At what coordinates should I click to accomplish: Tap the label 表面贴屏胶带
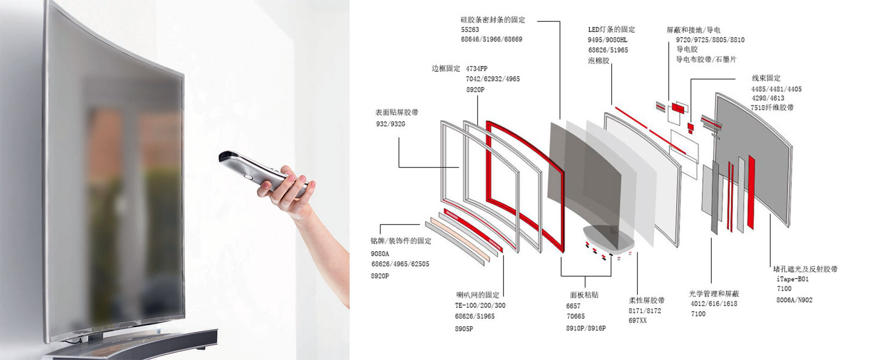point(396,113)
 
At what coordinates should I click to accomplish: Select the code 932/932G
point(390,124)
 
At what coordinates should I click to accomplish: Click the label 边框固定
point(446,69)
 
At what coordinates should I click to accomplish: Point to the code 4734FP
point(476,69)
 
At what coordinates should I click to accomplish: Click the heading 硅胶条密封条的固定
point(493,20)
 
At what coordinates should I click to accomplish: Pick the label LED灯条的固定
point(612,29)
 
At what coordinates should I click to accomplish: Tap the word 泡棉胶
point(599,60)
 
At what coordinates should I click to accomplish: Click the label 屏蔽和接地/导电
point(693,30)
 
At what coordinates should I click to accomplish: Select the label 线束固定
point(766,78)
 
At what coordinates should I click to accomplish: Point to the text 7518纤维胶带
point(772,108)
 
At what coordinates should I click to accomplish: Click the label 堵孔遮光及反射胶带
point(805,269)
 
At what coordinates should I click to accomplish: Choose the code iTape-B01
point(793,279)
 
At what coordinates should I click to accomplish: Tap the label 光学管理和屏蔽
point(714,294)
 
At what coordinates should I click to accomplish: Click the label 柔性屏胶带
point(647,300)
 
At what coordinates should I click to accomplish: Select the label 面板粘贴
point(584,295)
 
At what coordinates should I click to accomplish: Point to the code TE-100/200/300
point(480,306)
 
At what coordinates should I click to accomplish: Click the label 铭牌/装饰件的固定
point(401,241)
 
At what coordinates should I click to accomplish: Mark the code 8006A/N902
point(794,300)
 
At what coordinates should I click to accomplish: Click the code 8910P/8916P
point(586,328)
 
